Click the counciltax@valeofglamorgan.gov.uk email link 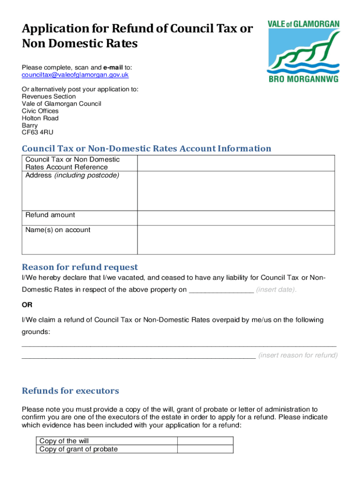pos(75,75)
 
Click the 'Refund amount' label pos(50,215)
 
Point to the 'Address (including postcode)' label pos(72,175)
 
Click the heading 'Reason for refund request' pos(80,267)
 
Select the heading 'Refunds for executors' pos(71,391)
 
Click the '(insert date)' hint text pos(276,290)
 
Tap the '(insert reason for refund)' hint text pos(298,355)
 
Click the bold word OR pos(27,305)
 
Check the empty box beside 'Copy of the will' pos(205,441)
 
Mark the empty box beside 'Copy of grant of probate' pos(205,449)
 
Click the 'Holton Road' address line pos(40,118)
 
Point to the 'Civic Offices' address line pos(40,111)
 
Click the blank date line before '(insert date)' pos(221,290)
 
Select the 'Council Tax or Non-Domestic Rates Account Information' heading pos(146,149)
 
